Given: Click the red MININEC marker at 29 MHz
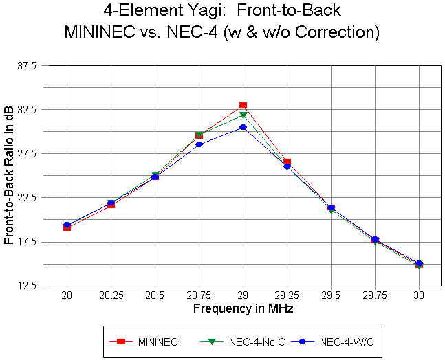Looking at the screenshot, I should coord(243,106).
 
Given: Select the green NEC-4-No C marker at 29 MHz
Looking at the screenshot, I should coord(243,115).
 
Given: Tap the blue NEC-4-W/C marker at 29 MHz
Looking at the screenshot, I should coord(243,127).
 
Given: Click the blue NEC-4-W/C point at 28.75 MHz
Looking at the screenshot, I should coord(199,144).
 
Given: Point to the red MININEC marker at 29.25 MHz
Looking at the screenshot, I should coord(287,162).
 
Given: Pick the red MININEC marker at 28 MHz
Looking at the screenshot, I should coord(67,227).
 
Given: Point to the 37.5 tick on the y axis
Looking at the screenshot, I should coord(30,66).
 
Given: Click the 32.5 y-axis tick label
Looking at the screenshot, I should coord(30,110).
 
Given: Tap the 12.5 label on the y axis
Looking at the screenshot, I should coord(30,286).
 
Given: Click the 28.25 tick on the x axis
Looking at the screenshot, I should coord(111,296).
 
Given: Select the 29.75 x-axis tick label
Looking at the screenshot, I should coord(375,296).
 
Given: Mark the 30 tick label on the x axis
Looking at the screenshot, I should coord(419,296).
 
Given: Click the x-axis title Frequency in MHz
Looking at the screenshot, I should coord(243,309).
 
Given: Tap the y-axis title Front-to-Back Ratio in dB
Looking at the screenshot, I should coord(10,176).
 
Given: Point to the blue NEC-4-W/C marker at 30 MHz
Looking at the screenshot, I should coord(419,264).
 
